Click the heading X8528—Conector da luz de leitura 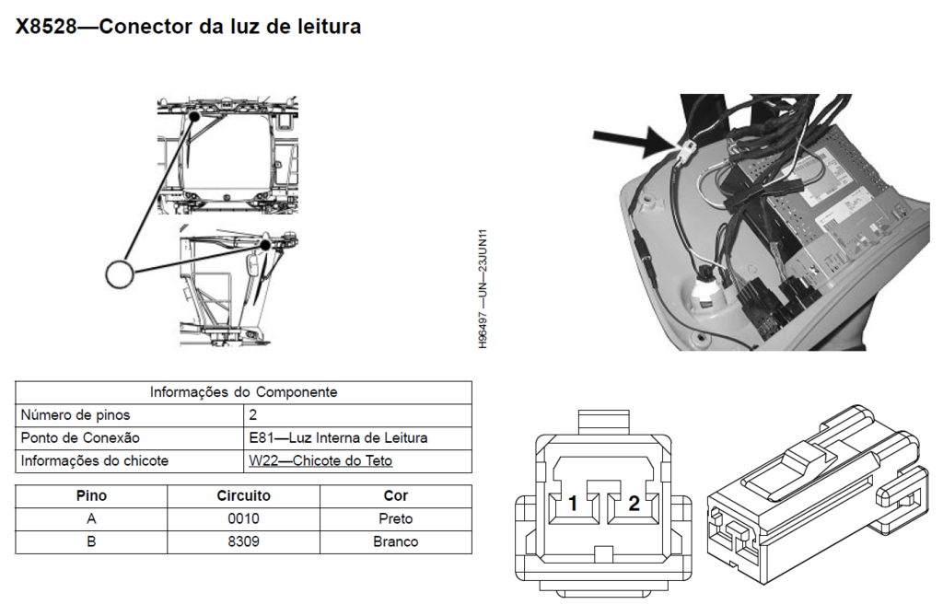pos(188,27)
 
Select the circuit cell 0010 pos(243,518)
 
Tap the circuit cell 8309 pos(243,541)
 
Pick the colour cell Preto pos(395,518)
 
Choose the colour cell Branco pos(395,541)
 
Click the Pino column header pos(91,495)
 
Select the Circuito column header pos(243,495)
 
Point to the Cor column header pos(395,495)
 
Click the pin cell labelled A pos(91,518)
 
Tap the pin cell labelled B pos(91,541)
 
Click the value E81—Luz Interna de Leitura pos(338,437)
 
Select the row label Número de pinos pos(76,414)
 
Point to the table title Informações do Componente pos(243,391)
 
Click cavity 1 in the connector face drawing pos(573,504)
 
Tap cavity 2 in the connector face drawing pos(634,504)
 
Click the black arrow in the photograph pos(632,140)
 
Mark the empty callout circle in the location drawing pos(120,273)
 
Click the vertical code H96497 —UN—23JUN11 pos(483,288)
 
